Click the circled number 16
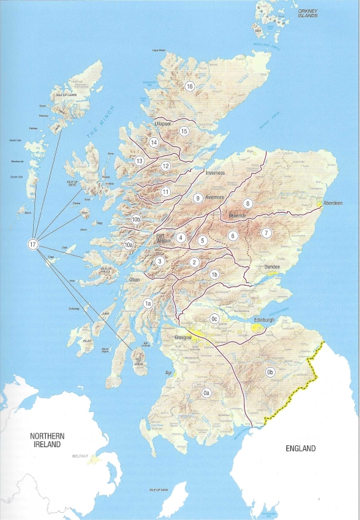[190, 86]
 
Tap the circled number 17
[32, 244]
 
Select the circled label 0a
[207, 393]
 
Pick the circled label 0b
[270, 372]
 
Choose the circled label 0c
[214, 319]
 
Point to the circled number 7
[266, 233]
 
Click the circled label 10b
[136, 219]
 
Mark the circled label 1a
[149, 303]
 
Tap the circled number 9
[197, 198]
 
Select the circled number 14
[154, 142]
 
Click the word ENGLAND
[301, 448]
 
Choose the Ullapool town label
[162, 123]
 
